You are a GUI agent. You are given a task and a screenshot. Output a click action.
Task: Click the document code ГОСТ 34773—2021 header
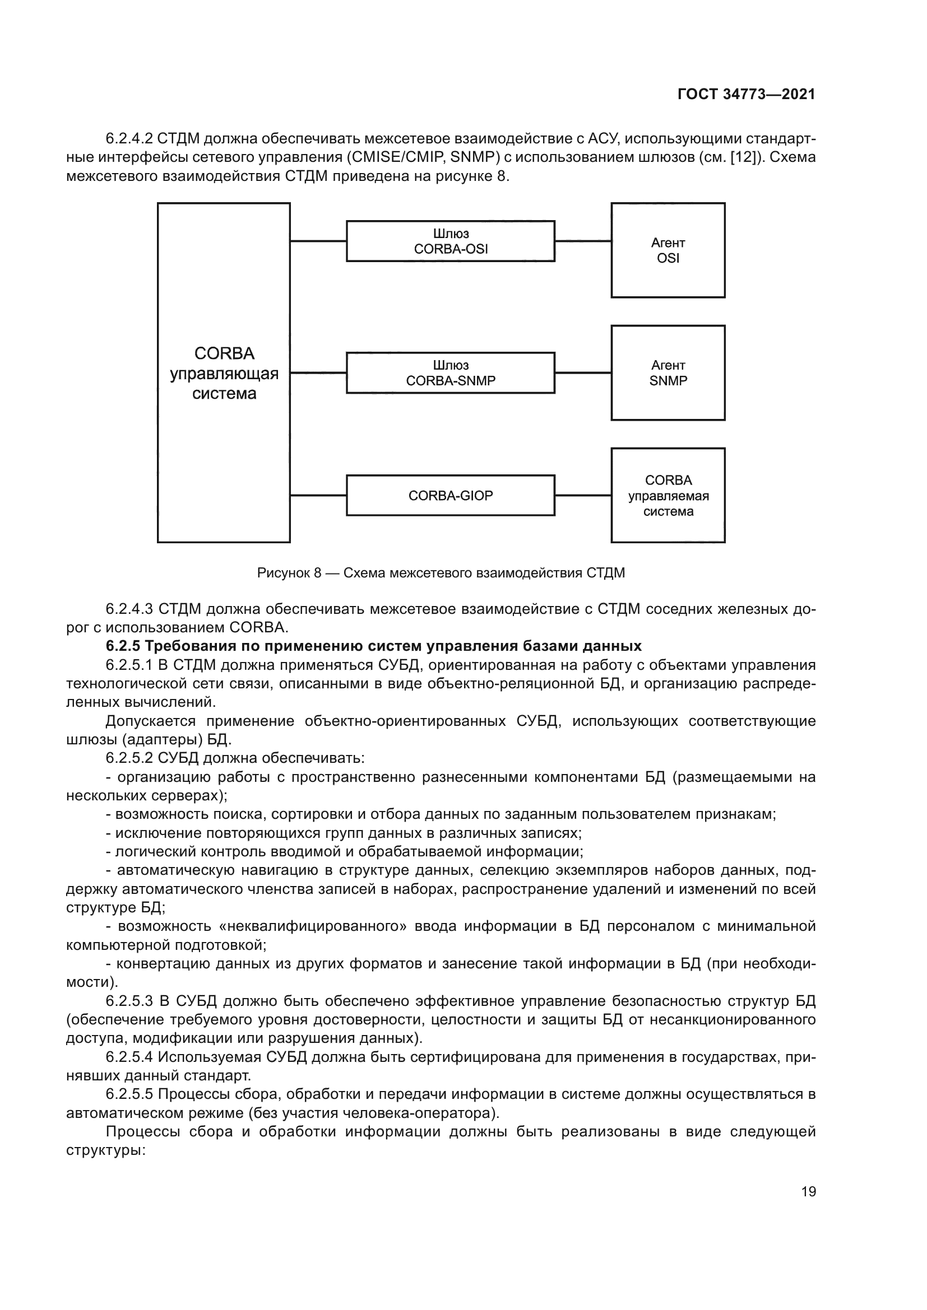[746, 95]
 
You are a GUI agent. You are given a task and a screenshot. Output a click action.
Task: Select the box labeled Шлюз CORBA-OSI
[451, 241]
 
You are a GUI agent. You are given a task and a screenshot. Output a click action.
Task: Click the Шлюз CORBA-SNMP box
[451, 373]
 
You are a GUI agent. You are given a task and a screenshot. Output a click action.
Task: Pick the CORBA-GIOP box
[451, 495]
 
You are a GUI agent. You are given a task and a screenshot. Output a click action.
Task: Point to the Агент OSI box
[668, 250]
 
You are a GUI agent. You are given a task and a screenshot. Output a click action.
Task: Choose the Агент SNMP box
[668, 373]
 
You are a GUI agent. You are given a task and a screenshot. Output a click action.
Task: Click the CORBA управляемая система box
[668, 495]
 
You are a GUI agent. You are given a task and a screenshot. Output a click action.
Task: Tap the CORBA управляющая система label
[224, 374]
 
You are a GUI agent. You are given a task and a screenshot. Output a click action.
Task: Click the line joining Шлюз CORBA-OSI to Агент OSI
[583, 241]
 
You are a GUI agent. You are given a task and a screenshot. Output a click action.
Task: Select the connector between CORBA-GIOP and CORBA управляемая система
[583, 495]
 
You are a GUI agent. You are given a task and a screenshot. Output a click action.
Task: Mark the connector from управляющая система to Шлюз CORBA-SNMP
[318, 373]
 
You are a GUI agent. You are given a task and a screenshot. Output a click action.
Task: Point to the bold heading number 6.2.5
[123, 646]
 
